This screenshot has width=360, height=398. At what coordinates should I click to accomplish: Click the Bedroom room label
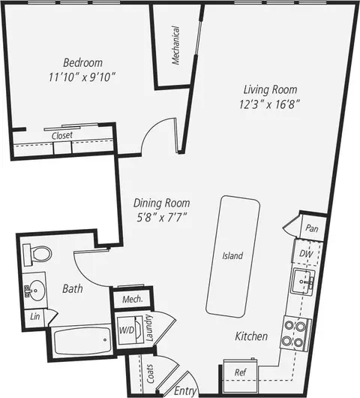click(82, 62)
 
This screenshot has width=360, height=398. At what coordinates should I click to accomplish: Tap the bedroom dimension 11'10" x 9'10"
click(82, 77)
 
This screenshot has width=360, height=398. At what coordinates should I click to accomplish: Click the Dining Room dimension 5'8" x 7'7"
click(160, 217)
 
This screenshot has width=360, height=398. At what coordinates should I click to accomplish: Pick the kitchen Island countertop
click(233, 255)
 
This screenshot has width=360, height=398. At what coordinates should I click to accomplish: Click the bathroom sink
click(35, 288)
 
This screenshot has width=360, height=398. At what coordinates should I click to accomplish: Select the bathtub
click(82, 342)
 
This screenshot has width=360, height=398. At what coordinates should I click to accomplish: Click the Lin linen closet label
click(34, 316)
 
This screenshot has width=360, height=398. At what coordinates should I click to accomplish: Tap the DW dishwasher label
click(306, 254)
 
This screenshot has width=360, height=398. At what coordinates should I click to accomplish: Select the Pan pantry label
click(310, 228)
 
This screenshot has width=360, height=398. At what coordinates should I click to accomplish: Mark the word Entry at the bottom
click(184, 390)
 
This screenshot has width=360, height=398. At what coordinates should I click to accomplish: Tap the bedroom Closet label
click(61, 135)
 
